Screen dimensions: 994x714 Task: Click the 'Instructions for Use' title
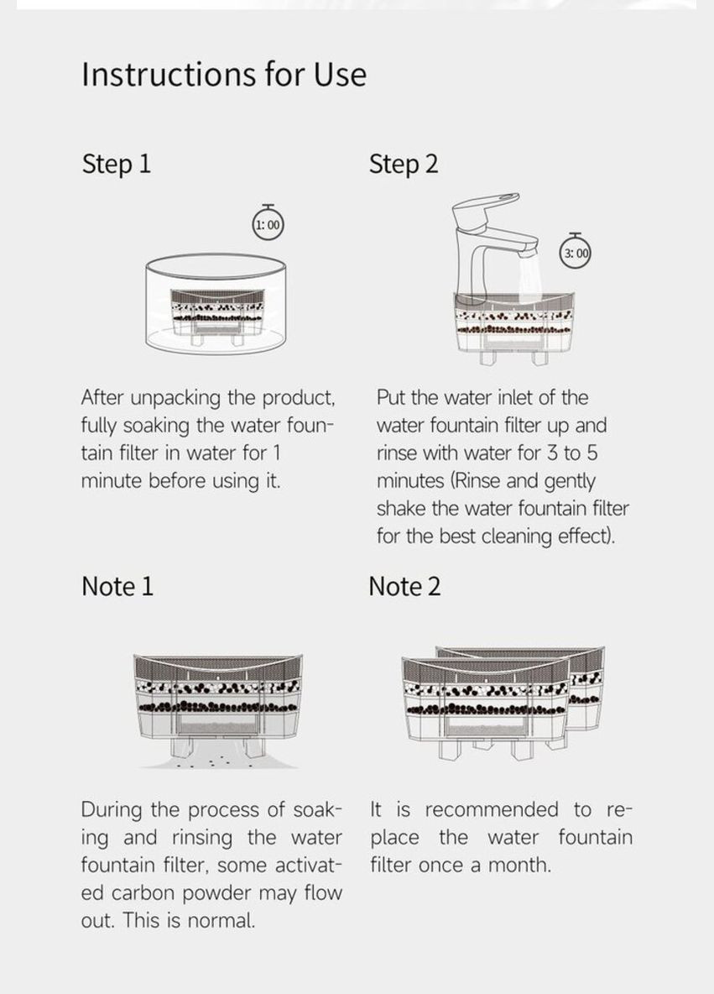(x=224, y=75)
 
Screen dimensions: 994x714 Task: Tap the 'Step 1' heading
(x=117, y=164)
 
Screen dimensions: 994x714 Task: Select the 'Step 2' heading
(x=404, y=164)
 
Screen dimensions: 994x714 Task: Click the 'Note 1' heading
(x=117, y=586)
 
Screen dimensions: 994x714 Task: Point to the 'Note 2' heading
(x=404, y=586)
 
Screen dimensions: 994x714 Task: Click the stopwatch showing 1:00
(x=268, y=224)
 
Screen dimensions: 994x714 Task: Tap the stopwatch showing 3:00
(x=576, y=253)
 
